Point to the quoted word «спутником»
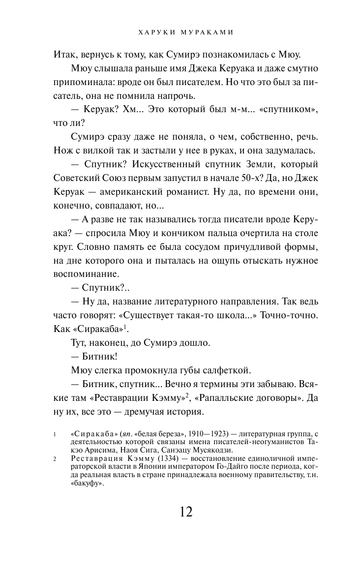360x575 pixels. [281, 109]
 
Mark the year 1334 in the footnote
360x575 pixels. [153, 458]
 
